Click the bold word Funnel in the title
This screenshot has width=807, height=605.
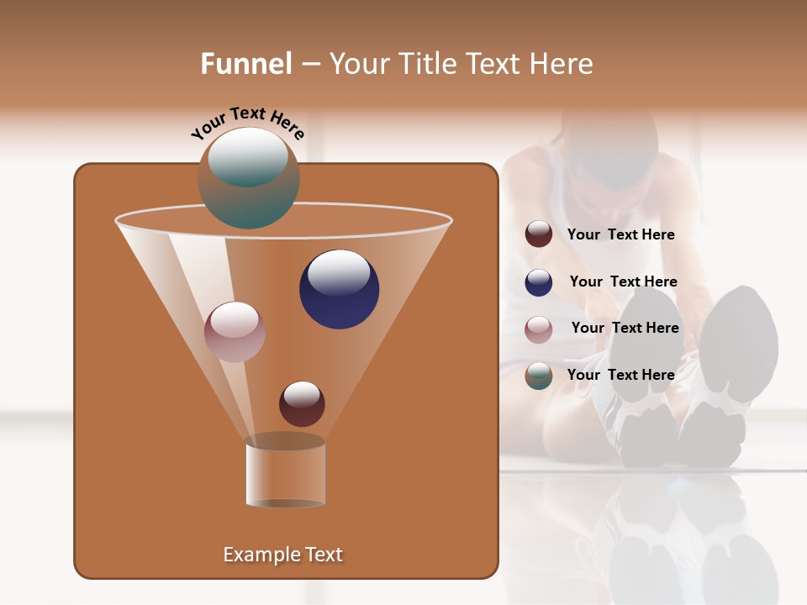(x=246, y=64)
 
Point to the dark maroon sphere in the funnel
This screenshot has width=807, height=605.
(x=302, y=404)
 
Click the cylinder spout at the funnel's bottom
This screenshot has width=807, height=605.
(x=286, y=475)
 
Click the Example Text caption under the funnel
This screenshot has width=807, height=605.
(x=283, y=555)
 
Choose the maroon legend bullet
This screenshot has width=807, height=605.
(x=539, y=234)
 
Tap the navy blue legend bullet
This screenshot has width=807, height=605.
(x=539, y=282)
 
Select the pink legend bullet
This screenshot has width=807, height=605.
(x=539, y=329)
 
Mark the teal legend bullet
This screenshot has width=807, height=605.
(x=539, y=376)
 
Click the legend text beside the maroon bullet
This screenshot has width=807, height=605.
(x=621, y=235)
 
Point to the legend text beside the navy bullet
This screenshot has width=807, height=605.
(x=624, y=282)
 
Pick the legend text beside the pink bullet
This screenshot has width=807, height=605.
(x=625, y=329)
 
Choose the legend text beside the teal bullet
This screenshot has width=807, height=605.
(x=621, y=375)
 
